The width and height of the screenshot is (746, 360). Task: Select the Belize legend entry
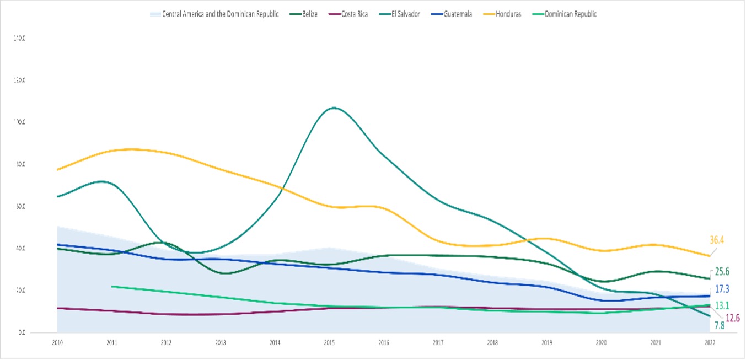pos(309,14)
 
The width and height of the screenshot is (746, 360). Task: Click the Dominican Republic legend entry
pos(570,14)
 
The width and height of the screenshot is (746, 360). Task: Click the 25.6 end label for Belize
pos(722,272)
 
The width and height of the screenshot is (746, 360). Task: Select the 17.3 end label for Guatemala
pos(722,288)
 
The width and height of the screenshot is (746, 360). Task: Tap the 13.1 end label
pos(722,306)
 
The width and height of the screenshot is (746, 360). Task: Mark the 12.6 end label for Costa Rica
pos(733,318)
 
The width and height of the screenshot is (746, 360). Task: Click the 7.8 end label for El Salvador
pos(719,325)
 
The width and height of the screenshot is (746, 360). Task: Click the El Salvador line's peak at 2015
pos(334,108)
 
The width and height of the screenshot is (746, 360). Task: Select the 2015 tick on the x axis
pos(330,342)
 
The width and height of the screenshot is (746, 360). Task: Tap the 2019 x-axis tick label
pos(547,342)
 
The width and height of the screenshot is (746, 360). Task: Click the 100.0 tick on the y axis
pos(19,122)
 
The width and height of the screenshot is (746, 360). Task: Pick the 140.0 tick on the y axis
pos(19,38)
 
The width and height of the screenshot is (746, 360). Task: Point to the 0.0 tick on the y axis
pos(20,332)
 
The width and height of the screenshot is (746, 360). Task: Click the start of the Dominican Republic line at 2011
pos(112,287)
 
